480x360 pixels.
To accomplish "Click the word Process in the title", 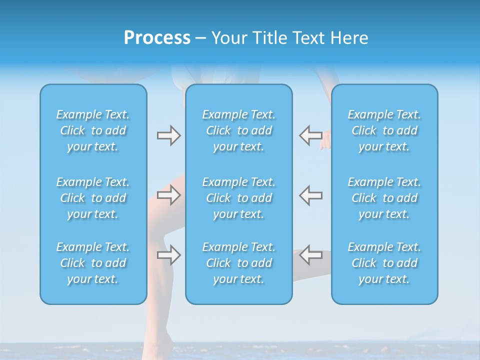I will tap(157, 38).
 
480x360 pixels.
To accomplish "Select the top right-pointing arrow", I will tap(168, 135).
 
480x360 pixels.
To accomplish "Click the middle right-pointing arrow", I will tap(168, 195).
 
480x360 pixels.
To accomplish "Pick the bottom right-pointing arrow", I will tap(168, 255).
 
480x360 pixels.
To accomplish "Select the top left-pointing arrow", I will tap(310, 135).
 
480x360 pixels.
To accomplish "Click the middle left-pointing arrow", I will tap(310, 195).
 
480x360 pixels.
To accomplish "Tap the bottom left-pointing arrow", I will tap(310, 254).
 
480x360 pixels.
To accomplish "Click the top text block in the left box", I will tap(93, 130).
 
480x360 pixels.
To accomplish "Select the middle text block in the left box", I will tap(93, 198).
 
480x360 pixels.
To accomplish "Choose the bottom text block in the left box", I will tap(93, 263).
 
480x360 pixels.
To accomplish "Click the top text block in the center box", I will tap(239, 130).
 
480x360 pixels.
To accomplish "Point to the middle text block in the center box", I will tap(239, 198).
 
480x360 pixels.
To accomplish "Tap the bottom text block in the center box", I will tap(239, 263).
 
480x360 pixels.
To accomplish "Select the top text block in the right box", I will tap(384, 130).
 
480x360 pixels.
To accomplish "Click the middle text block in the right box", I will tap(384, 198).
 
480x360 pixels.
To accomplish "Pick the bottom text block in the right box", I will tap(384, 263).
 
